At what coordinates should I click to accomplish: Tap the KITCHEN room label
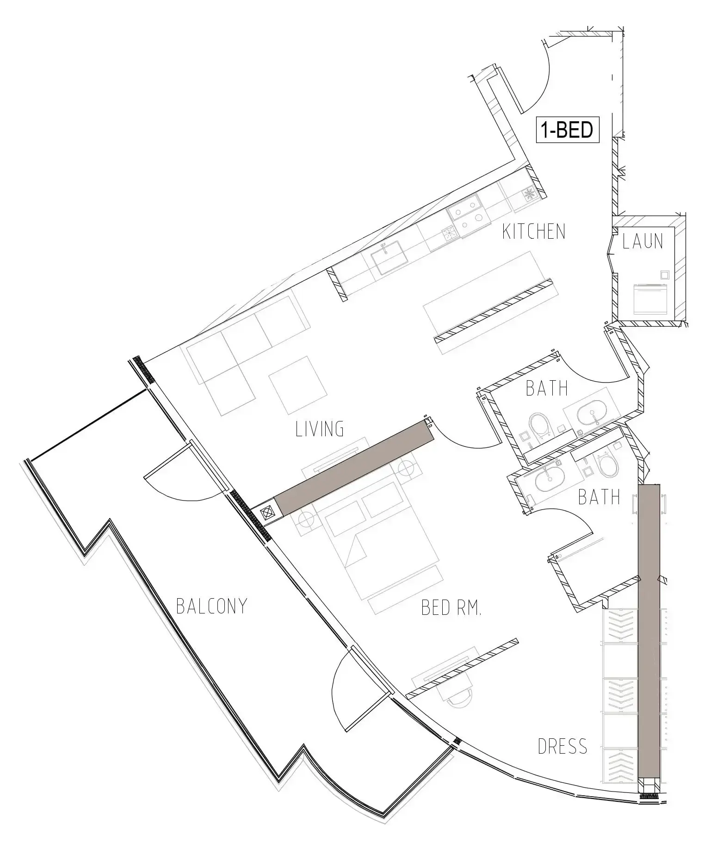pyautogui.click(x=534, y=231)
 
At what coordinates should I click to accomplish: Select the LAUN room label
pyautogui.click(x=643, y=241)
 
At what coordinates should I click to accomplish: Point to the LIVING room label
pyautogui.click(x=320, y=429)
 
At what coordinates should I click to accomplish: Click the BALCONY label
pyautogui.click(x=212, y=606)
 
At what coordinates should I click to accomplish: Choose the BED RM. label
pyautogui.click(x=451, y=607)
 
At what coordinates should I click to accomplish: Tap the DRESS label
pyautogui.click(x=563, y=746)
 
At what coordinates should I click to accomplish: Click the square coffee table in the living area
pyautogui.click(x=293, y=385)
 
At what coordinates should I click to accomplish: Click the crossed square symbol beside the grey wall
pyautogui.click(x=267, y=513)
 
